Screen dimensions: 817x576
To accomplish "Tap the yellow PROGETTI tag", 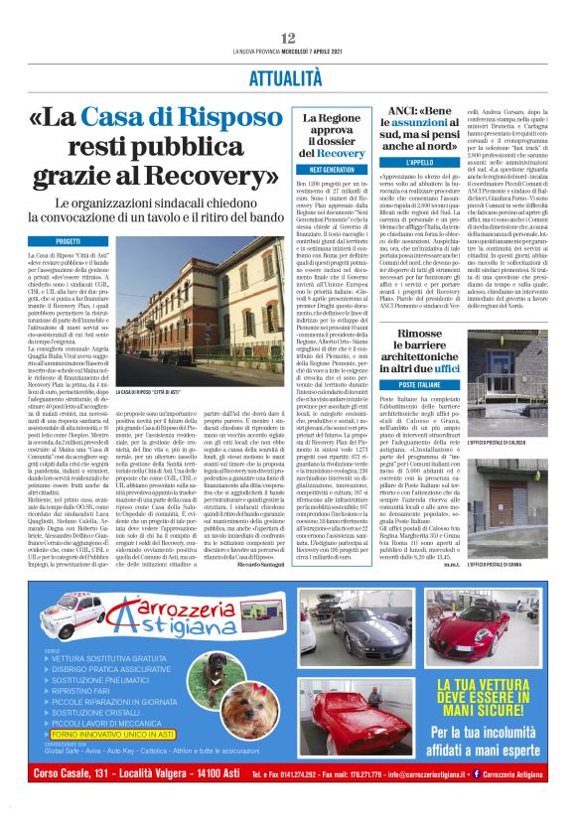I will [x=69, y=241].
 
